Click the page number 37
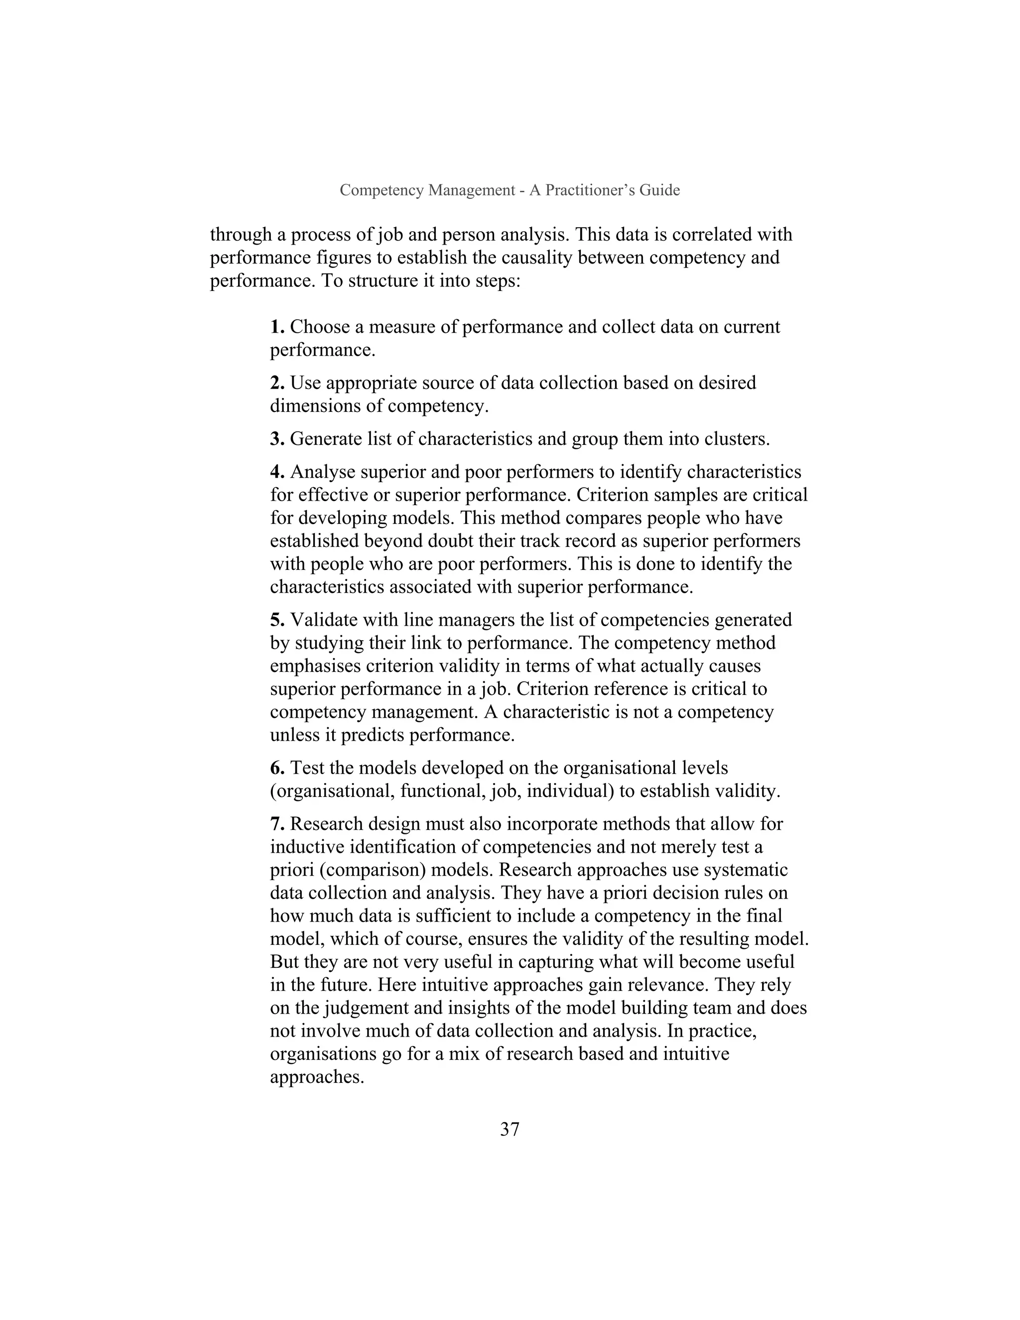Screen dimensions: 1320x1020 510,1129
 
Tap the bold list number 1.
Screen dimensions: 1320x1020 277,327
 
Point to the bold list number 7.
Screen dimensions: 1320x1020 277,824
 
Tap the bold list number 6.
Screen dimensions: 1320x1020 277,768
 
